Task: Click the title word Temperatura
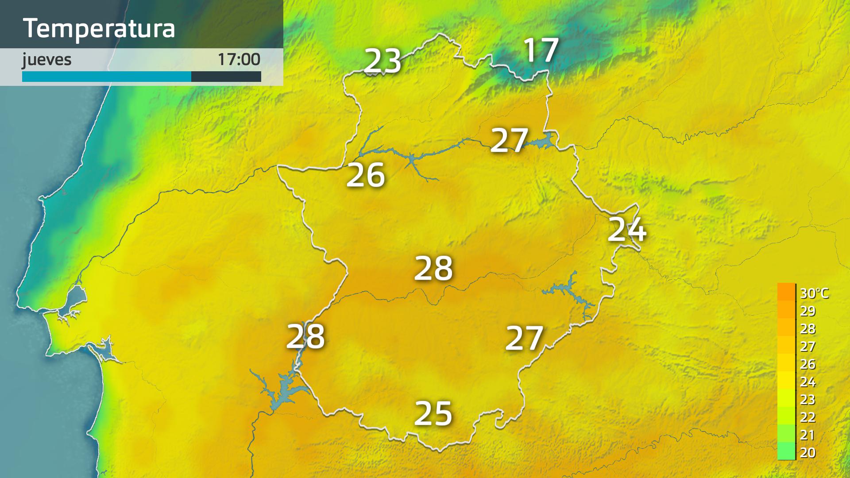point(99,28)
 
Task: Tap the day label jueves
point(47,60)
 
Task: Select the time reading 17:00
point(239,60)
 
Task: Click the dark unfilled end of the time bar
point(226,77)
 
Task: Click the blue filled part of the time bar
point(106,77)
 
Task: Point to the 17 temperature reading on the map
point(541,50)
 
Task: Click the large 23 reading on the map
point(382,61)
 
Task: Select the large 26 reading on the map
point(365,175)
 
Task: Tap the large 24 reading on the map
point(627,229)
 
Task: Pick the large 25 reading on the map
point(433,414)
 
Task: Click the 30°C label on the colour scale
point(814,293)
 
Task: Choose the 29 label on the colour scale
point(808,311)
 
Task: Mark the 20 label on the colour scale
point(808,452)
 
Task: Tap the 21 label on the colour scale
point(808,435)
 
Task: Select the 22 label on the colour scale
point(808,417)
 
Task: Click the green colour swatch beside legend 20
point(786,451)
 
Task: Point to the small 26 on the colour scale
point(808,364)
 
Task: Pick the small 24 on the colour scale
point(808,382)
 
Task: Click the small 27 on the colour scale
point(808,346)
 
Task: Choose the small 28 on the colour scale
point(808,328)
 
